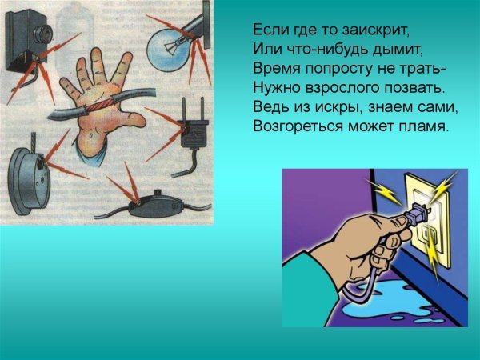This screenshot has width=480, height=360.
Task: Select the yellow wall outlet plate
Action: (425, 216)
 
